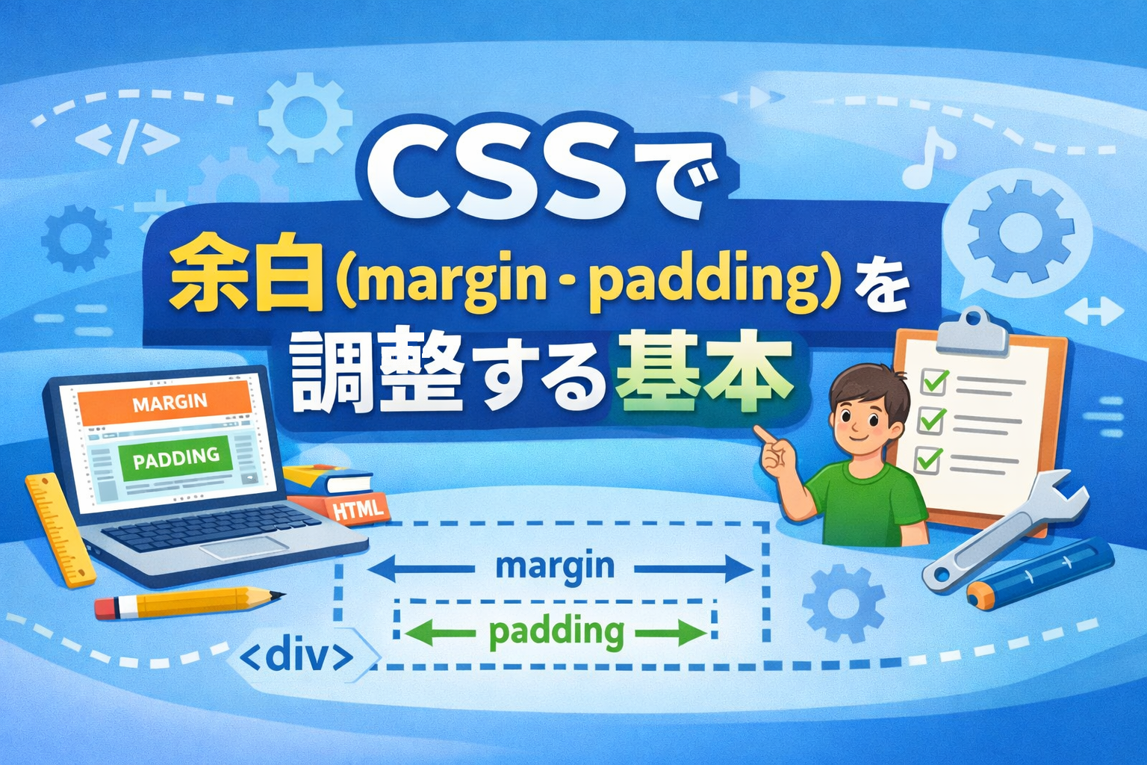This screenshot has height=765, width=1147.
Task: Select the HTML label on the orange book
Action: (358, 509)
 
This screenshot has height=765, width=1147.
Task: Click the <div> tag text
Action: (296, 657)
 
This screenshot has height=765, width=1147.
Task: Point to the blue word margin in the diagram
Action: (555, 567)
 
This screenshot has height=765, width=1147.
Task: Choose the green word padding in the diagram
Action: (556, 632)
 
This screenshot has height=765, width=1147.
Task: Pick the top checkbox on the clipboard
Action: (933, 381)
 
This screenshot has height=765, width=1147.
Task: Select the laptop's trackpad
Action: (244, 548)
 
